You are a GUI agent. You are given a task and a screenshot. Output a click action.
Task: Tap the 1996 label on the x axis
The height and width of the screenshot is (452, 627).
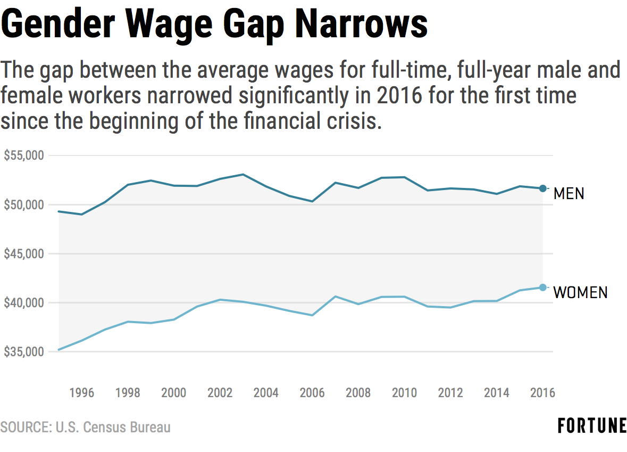tap(81, 393)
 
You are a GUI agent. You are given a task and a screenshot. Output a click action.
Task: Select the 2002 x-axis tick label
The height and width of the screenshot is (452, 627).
tap(220, 393)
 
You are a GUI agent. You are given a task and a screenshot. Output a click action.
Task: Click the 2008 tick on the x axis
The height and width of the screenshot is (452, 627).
tap(358, 393)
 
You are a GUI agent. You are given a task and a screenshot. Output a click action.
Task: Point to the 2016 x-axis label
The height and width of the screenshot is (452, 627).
tap(542, 393)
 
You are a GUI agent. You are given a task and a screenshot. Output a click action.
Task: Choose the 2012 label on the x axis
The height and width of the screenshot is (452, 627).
tap(450, 393)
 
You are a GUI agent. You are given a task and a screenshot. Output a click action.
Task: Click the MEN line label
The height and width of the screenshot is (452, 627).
tap(569, 193)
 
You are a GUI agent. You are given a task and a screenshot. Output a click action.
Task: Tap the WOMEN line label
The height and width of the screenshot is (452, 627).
tap(580, 292)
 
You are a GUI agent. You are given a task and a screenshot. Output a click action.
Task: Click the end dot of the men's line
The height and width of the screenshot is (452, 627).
tap(542, 188)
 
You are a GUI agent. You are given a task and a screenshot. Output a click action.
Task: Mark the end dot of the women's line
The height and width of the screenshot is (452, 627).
tap(542, 287)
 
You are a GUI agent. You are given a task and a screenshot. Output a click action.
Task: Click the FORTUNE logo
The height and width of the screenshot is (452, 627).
tap(592, 426)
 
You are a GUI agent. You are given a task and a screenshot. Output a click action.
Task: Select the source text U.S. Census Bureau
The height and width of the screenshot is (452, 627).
tap(113, 427)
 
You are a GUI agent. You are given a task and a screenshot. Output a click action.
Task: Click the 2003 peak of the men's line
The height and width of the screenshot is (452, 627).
tap(243, 174)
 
